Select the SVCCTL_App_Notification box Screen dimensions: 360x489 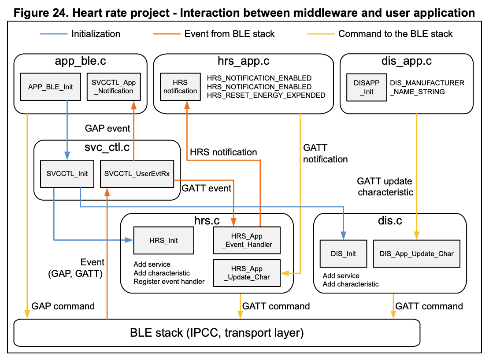tap(113, 87)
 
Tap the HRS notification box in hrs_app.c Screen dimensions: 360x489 tap(180, 87)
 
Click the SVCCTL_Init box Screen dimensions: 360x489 tap(67, 173)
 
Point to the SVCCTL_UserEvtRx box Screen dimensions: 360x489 tap(137, 173)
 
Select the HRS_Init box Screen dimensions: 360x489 tap(163, 240)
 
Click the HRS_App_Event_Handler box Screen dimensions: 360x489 tap(247, 240)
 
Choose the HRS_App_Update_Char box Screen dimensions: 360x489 tap(247, 273)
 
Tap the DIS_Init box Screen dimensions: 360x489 tap(343, 253)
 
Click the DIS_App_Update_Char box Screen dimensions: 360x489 tap(416, 253)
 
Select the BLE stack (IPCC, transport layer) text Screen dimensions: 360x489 tap(217, 333)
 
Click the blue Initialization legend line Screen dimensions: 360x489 tap(53, 33)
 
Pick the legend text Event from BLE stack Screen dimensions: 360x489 tap(230, 34)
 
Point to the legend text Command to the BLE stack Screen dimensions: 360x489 tap(395, 34)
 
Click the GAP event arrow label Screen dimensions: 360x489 tap(107, 129)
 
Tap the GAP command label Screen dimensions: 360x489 tap(63, 306)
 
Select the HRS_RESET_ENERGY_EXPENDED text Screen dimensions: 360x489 tap(266, 95)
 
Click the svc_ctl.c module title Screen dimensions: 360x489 tap(107, 148)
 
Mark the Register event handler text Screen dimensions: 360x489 tap(169, 281)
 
